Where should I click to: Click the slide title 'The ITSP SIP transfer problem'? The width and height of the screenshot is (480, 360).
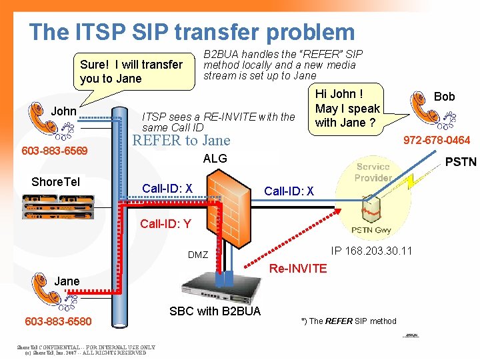(x=192, y=31)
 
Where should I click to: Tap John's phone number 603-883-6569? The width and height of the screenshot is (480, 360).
(x=55, y=151)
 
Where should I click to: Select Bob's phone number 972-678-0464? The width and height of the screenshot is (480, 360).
(x=437, y=140)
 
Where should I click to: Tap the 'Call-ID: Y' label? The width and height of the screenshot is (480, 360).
(x=165, y=224)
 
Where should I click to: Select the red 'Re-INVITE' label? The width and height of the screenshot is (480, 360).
(x=298, y=269)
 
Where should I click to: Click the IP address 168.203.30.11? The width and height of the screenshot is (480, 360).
(x=371, y=251)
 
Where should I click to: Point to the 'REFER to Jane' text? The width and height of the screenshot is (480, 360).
(x=181, y=140)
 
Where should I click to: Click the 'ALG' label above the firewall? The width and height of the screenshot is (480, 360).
(x=215, y=159)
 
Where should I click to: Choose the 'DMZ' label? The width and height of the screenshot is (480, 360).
(x=198, y=255)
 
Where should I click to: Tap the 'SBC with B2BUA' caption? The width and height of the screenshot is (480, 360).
(x=215, y=311)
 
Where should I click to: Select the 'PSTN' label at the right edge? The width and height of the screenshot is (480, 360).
(x=460, y=162)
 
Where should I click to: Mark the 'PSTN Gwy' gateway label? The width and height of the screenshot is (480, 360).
(x=371, y=231)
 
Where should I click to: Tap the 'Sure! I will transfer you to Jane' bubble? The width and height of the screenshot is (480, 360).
(x=131, y=71)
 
